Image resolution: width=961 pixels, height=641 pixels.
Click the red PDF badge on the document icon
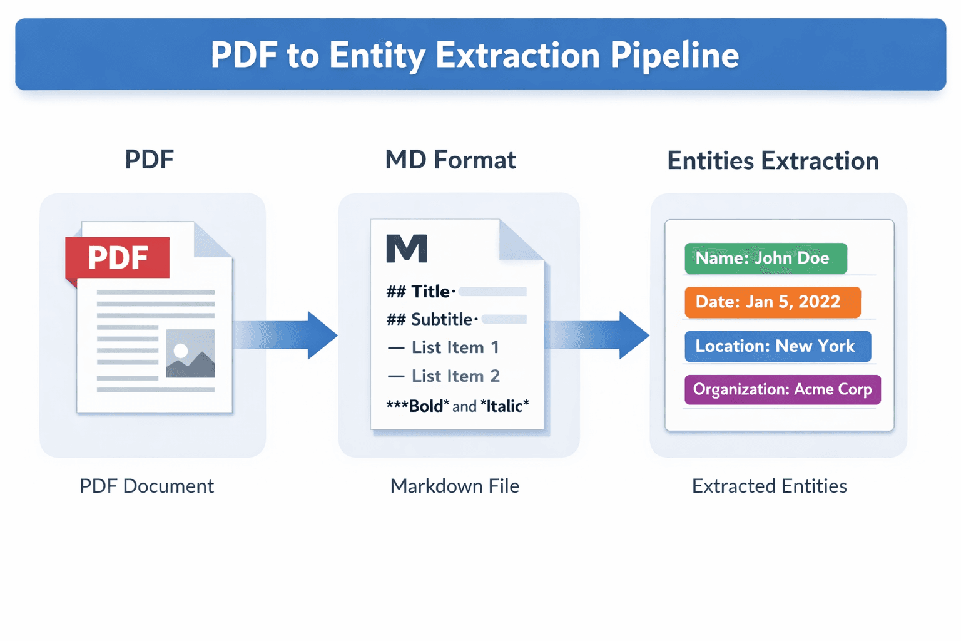coord(118,257)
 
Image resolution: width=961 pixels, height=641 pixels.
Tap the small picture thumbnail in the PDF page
coord(190,354)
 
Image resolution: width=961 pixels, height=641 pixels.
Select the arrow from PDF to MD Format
coord(288,335)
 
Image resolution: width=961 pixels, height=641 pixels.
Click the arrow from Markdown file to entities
coord(599,335)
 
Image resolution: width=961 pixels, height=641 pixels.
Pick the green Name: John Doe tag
coord(765,259)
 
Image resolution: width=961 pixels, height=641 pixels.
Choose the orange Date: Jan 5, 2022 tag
coord(772,302)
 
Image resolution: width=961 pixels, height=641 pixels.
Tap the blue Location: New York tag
coord(777,346)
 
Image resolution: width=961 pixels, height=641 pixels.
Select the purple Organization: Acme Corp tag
coord(782,389)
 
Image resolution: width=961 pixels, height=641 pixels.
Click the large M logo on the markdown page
coord(407,249)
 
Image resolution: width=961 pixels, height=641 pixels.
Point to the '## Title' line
coord(419,292)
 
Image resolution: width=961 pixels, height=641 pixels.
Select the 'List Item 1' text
coord(455,347)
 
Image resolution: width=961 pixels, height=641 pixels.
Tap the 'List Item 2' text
coord(455,376)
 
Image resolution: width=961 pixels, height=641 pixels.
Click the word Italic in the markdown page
coord(504,406)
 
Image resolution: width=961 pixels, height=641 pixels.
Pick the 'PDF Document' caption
coord(146,486)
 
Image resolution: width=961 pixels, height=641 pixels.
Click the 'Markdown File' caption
coord(455,486)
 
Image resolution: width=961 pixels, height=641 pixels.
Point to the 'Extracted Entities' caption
coord(769,486)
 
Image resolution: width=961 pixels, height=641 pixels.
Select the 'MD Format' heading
coord(450,160)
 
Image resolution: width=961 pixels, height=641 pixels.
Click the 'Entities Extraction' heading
coord(773,161)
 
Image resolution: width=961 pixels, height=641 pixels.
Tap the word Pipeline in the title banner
coord(674,55)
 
